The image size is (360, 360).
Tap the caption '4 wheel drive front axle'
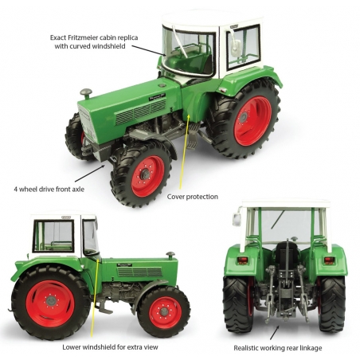coord(49,190)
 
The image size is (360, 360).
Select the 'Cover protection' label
coord(193,197)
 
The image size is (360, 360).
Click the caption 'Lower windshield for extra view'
coord(110,347)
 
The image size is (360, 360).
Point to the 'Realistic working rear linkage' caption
coord(278,348)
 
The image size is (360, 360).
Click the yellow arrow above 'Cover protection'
coord(184,151)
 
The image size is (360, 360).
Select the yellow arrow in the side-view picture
coord(95,299)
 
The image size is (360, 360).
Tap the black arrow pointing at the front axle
coord(90,174)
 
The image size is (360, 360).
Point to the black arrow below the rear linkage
coord(275,332)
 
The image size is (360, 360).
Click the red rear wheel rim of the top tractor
coord(252,121)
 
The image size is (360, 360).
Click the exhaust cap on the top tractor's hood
coord(86,93)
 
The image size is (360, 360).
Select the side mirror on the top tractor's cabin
coord(235,49)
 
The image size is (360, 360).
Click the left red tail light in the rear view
coord(242,260)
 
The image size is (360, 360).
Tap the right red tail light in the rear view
coord(329,260)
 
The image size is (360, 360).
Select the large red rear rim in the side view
coord(50,300)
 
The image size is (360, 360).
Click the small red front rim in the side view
coord(165,313)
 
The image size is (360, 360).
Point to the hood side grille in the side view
coord(140,272)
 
